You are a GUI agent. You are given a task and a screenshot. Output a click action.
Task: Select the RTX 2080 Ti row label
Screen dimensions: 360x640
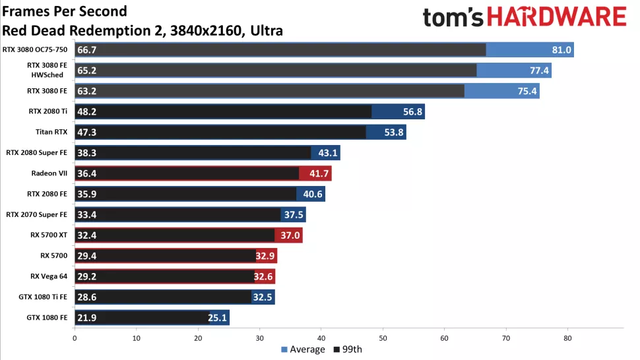tap(46, 112)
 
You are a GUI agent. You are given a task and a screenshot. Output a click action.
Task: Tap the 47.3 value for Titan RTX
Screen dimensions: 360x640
tap(87, 133)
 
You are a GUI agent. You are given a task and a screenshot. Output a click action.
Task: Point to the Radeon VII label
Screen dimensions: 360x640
tap(49, 173)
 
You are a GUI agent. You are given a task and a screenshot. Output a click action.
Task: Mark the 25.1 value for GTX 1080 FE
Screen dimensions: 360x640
tap(218, 318)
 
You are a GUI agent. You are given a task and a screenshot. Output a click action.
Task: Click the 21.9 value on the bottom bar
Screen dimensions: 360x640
tap(87, 318)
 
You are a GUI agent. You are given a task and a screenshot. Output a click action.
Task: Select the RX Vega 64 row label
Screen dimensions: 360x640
tap(49, 276)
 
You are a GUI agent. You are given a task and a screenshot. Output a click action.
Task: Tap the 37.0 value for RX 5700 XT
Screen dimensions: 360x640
tap(290, 235)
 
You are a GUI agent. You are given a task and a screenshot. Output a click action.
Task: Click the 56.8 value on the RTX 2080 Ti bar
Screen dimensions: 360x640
tap(413, 112)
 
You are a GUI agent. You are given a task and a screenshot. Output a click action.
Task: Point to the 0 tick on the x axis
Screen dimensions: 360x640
tap(75, 338)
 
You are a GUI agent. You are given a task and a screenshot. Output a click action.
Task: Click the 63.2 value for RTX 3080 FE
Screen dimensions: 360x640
tap(87, 92)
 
